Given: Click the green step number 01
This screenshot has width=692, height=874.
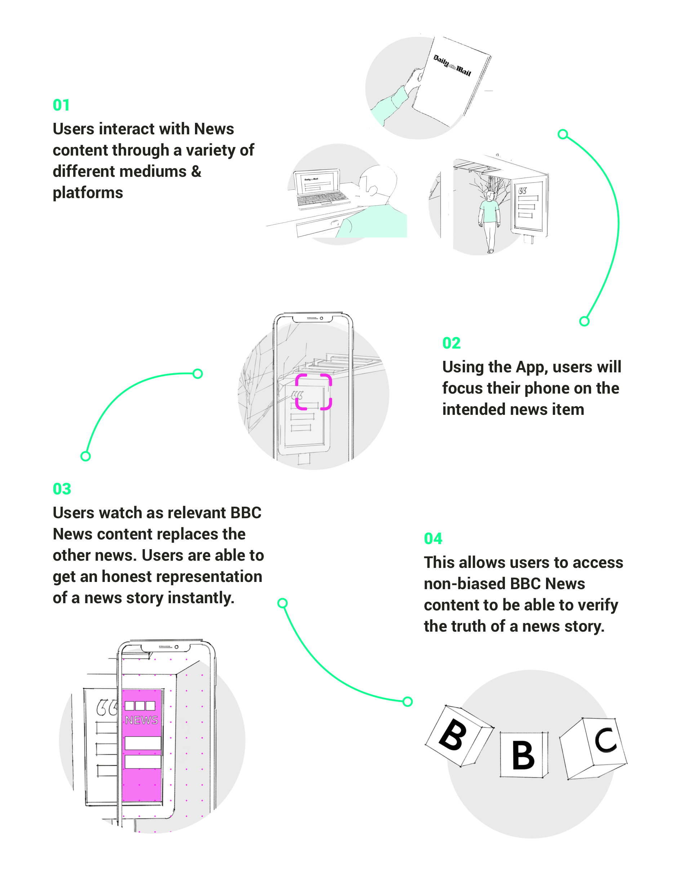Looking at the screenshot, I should point(61,105).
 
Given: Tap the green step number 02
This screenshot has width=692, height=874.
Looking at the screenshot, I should point(451,343).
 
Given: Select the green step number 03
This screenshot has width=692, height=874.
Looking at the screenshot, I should point(62,489).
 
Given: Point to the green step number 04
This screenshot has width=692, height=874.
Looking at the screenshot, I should point(433,539).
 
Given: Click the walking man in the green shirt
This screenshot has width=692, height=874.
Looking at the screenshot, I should point(489,219).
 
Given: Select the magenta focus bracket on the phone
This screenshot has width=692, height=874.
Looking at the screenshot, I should point(313,392).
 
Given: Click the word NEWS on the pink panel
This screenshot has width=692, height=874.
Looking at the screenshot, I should point(141,720).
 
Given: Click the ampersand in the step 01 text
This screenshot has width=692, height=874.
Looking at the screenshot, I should point(196,172).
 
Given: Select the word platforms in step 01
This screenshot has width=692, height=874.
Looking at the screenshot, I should point(88,193).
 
